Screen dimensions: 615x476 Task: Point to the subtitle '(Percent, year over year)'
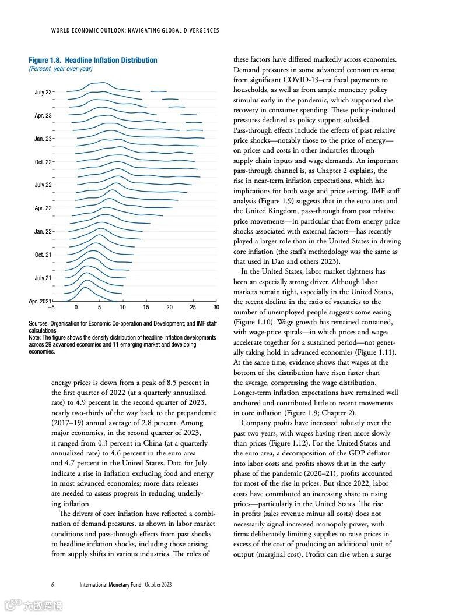pyautogui.click(x=61, y=69)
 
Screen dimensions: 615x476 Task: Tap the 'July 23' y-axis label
pyautogui.click(x=43, y=92)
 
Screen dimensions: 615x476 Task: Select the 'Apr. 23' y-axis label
pyautogui.click(x=43, y=115)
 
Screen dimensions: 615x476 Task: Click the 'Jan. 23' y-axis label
pyautogui.click(x=43, y=139)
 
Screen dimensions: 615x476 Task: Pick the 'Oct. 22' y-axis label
pyautogui.click(x=43, y=162)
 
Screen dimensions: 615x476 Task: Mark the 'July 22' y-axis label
pyautogui.click(x=43, y=185)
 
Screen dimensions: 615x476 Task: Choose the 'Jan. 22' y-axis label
pyautogui.click(x=43, y=231)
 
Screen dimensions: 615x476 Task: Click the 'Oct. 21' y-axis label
pyautogui.click(x=43, y=255)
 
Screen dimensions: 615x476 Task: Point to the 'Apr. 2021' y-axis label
pyautogui.click(x=40, y=301)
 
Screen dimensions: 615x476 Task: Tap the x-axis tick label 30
pyautogui.click(x=216, y=307)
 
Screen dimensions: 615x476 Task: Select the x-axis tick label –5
pyautogui.click(x=51, y=307)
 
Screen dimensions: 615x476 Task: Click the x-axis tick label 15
pyautogui.click(x=146, y=307)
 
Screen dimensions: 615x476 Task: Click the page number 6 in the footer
pyautogui.click(x=52, y=584)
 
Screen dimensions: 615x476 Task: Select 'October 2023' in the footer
pyautogui.click(x=158, y=584)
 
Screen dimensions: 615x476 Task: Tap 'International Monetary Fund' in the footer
pyautogui.click(x=110, y=584)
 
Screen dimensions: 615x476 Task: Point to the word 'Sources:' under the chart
pyautogui.click(x=40, y=323)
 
